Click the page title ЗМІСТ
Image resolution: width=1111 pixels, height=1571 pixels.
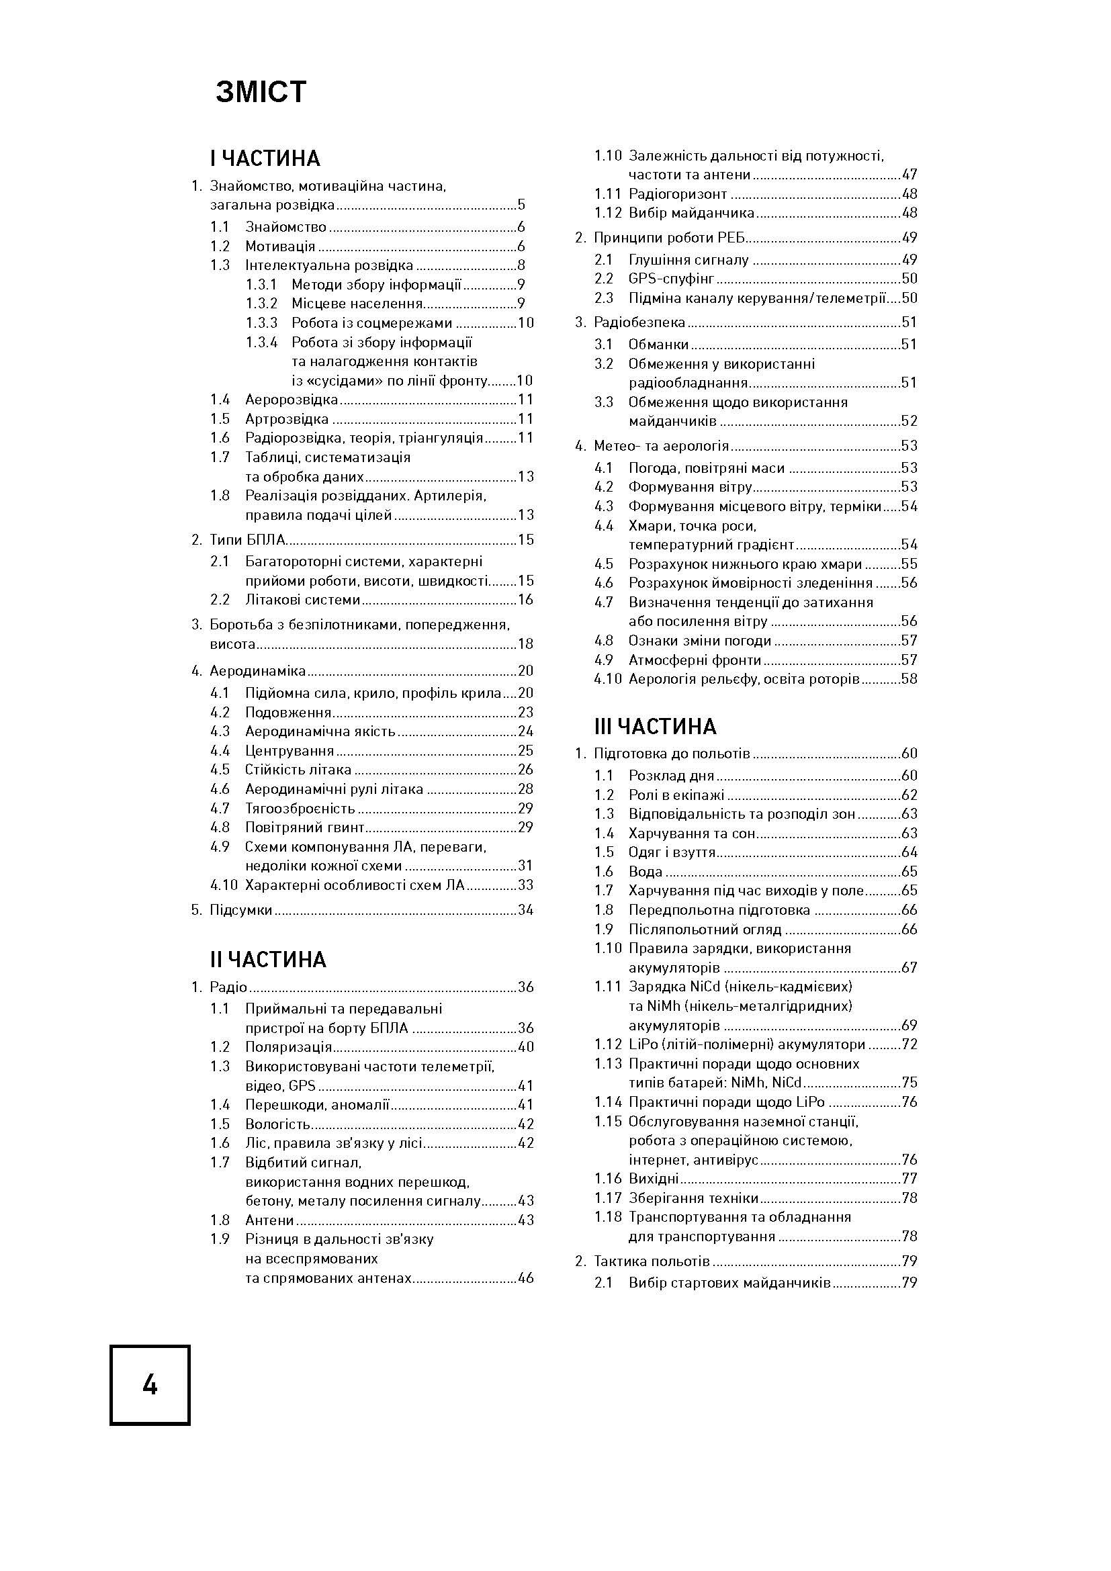[x=261, y=93]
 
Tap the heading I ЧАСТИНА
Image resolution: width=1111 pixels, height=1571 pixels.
[x=265, y=159]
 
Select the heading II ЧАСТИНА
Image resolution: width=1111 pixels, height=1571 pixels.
[x=268, y=960]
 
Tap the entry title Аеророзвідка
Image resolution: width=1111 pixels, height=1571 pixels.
[x=292, y=400]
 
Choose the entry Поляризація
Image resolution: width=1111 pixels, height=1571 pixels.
[x=289, y=1047]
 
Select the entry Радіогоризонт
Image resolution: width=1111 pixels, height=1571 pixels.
[x=678, y=193]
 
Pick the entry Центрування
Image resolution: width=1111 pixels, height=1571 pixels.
[x=290, y=751]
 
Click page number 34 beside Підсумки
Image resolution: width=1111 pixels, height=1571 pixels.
[x=525, y=910]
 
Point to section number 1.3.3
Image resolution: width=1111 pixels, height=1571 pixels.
[x=262, y=323]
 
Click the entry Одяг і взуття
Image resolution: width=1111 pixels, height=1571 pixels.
[x=672, y=852]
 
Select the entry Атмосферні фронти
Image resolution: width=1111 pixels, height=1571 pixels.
[x=695, y=660]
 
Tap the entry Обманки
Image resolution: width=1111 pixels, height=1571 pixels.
[x=659, y=344]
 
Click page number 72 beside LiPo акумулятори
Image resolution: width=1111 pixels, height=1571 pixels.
[x=909, y=1045]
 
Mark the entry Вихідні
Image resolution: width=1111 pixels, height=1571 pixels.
[x=654, y=1178]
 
